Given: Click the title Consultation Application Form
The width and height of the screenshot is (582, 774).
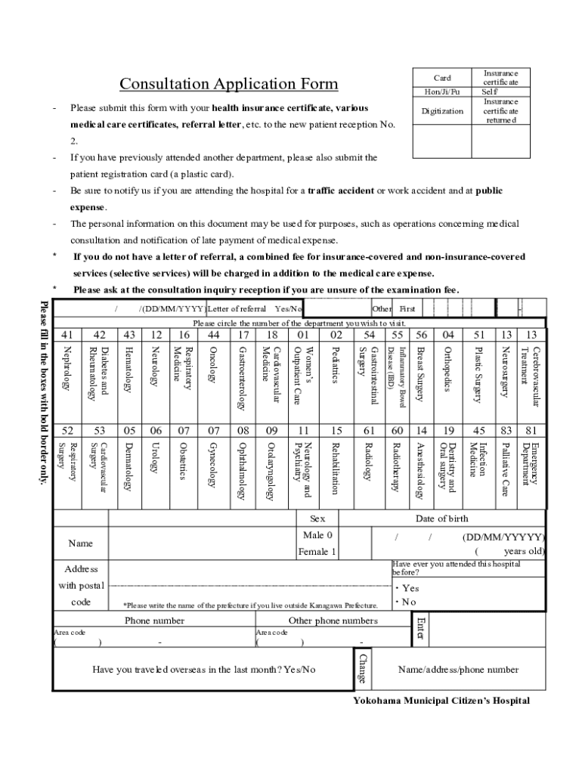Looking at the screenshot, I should coord(229,84).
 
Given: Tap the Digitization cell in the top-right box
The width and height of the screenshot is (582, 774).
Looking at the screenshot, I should coord(442,111).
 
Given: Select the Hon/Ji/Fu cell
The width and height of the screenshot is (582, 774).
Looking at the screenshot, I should coord(442,91).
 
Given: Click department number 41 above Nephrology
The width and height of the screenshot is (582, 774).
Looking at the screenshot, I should coord(67,335).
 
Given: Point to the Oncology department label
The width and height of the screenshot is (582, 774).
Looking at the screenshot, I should coord(213,365).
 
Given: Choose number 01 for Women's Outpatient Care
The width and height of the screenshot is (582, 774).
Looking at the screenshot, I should coord(303,335).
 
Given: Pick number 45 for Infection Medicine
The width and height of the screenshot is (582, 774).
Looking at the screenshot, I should coord(479,431).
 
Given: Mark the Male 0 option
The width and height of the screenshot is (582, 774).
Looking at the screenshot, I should coord(317,535).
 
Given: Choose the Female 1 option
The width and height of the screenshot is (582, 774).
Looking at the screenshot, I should coord(317,552).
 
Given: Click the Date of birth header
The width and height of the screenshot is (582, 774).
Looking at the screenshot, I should coord(441,519).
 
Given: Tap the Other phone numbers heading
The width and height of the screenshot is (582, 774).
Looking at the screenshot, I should coord(333,621).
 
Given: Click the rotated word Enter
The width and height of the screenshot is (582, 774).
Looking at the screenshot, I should coord(421,630).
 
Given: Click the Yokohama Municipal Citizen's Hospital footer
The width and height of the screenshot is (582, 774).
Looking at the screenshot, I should coord(441,701).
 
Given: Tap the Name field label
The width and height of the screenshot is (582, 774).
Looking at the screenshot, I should coord(80,543).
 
